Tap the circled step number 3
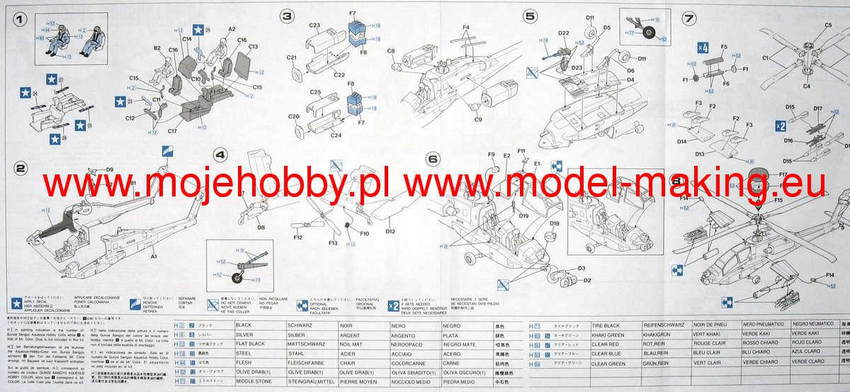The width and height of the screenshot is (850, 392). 286,15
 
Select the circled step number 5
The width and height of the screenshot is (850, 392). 530,15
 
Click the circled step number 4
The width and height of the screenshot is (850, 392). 222,154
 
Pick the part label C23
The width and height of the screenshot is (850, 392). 315,25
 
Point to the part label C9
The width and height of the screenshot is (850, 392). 478,119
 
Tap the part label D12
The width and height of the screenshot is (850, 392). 390,231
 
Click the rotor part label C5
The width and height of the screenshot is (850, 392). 827,26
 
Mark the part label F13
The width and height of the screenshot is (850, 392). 333,243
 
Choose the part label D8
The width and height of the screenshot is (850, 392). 261,228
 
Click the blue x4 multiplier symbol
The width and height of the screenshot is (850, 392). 703,47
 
